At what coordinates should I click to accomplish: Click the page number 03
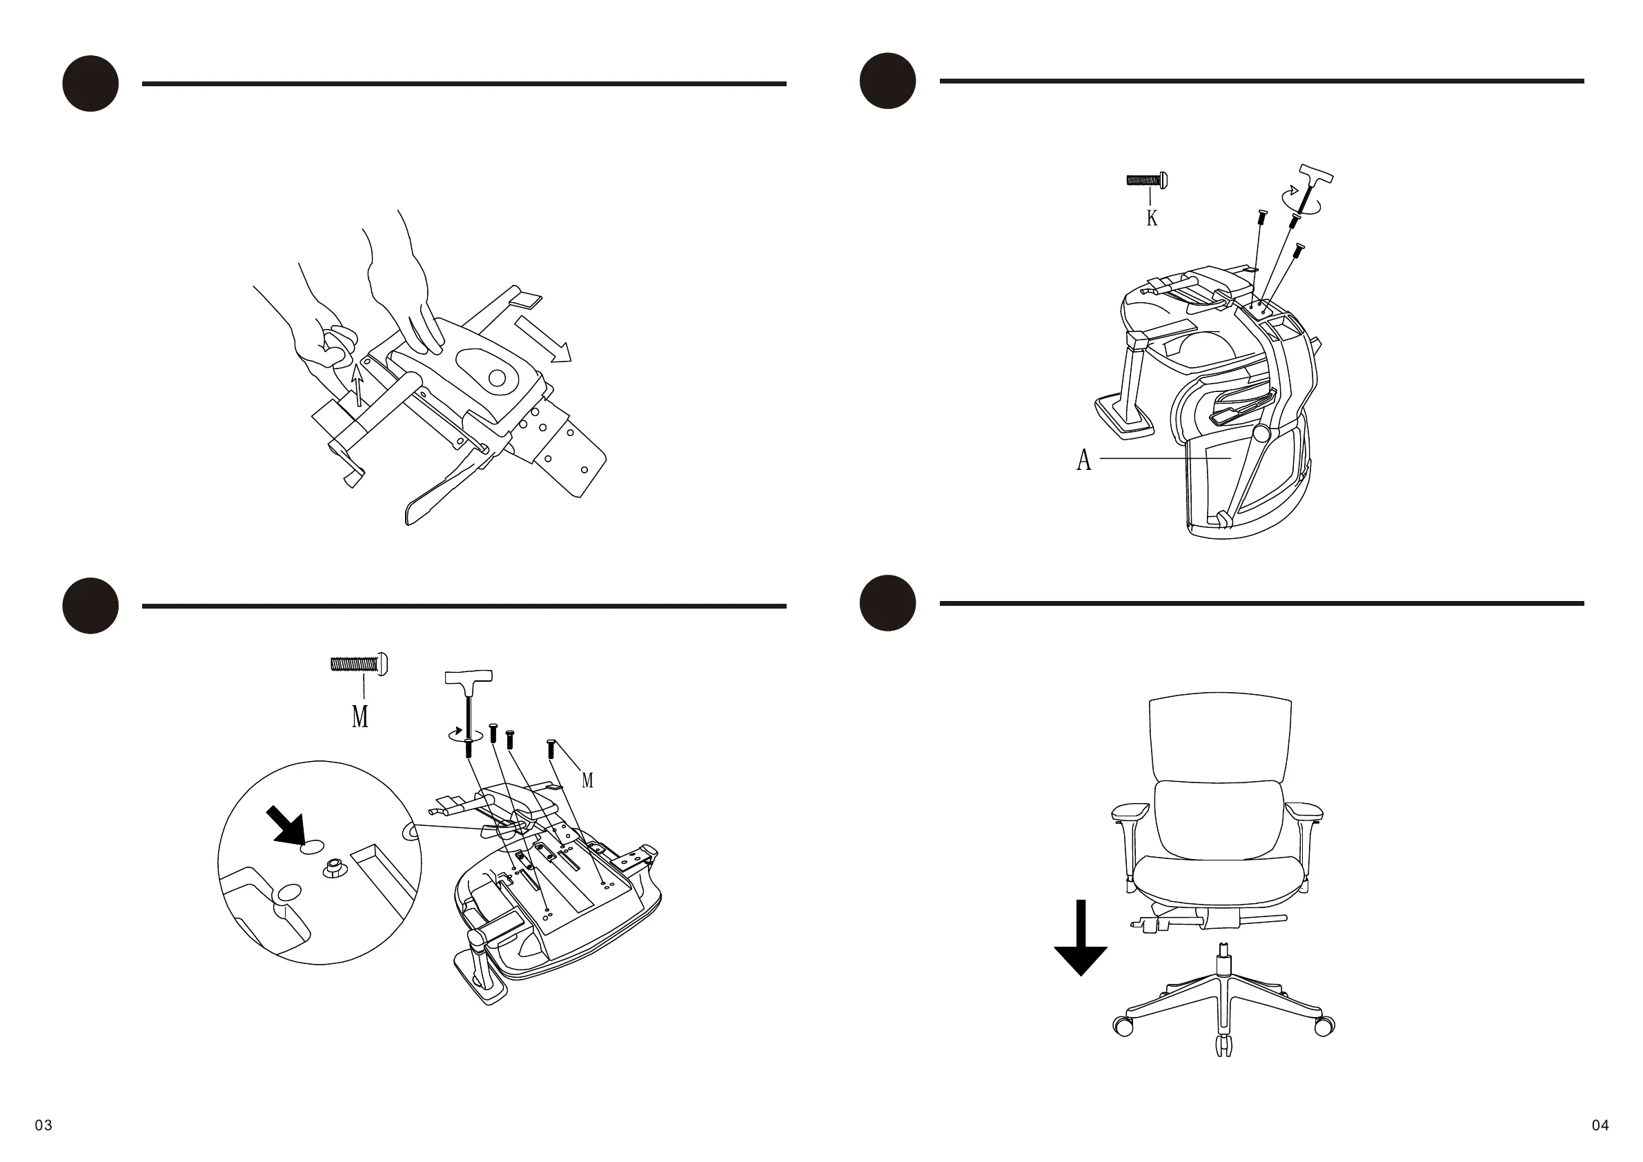(43, 1125)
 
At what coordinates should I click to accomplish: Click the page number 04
(1600, 1125)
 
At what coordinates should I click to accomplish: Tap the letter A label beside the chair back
(1084, 460)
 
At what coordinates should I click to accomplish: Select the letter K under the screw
(1152, 217)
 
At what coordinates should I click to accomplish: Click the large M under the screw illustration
(360, 716)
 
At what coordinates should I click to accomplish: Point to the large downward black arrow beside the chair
(1081, 937)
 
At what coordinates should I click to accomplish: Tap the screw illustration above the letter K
(1147, 180)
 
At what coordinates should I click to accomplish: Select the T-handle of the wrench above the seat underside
(469, 676)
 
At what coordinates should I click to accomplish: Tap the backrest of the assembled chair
(1220, 737)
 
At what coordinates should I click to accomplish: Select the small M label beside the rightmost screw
(587, 780)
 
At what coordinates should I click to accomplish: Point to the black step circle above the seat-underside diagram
(90, 605)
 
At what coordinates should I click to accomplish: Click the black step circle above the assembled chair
(887, 602)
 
